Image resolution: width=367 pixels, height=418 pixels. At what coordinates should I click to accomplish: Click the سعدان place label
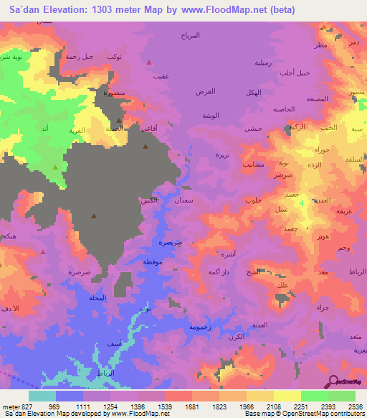pos(183,203)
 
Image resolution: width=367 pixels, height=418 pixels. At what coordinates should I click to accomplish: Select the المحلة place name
pos(96,298)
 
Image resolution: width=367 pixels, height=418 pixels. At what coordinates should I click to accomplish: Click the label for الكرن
pos(235,337)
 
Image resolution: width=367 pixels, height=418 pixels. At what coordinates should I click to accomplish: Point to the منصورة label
pos(113,93)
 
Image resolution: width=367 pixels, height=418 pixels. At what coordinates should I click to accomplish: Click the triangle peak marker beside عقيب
pos(148,62)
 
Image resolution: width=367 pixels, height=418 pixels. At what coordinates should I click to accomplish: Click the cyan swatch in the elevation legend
pos(42,396)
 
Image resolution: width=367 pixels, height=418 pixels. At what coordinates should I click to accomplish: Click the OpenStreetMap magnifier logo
pos(333,382)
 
